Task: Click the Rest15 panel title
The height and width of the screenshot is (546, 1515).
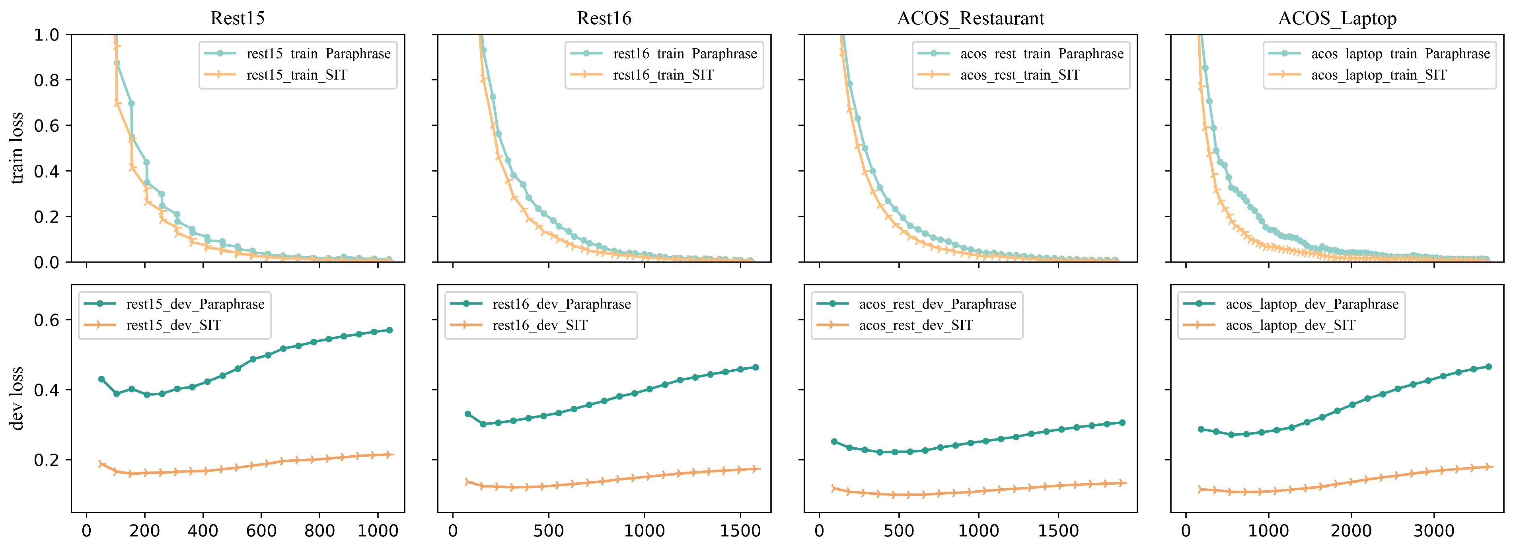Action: pyautogui.click(x=237, y=18)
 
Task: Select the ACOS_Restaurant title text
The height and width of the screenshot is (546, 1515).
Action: pyautogui.click(x=970, y=18)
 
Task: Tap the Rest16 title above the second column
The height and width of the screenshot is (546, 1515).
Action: pyautogui.click(x=604, y=18)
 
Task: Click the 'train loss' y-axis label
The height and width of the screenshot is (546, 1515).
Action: pyautogui.click(x=17, y=148)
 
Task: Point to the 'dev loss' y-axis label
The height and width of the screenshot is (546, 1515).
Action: pyautogui.click(x=17, y=398)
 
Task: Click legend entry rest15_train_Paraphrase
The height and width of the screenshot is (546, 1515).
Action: pyautogui.click(x=318, y=54)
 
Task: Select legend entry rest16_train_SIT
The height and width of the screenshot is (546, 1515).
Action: pyautogui.click(x=663, y=75)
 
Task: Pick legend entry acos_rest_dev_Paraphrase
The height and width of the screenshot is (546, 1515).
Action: pyautogui.click(x=937, y=304)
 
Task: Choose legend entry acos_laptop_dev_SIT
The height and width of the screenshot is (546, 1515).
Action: pyautogui.click(x=1290, y=326)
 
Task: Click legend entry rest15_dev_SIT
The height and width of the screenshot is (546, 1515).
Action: pyautogui.click(x=173, y=326)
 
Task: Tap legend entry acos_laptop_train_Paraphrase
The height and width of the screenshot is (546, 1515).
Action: pyautogui.click(x=1400, y=54)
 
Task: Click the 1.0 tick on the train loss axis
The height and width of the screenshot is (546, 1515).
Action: pyautogui.click(x=47, y=35)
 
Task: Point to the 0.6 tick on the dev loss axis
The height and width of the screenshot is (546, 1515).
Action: pyautogui.click(x=47, y=320)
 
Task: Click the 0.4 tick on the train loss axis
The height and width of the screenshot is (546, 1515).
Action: pyautogui.click(x=47, y=171)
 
